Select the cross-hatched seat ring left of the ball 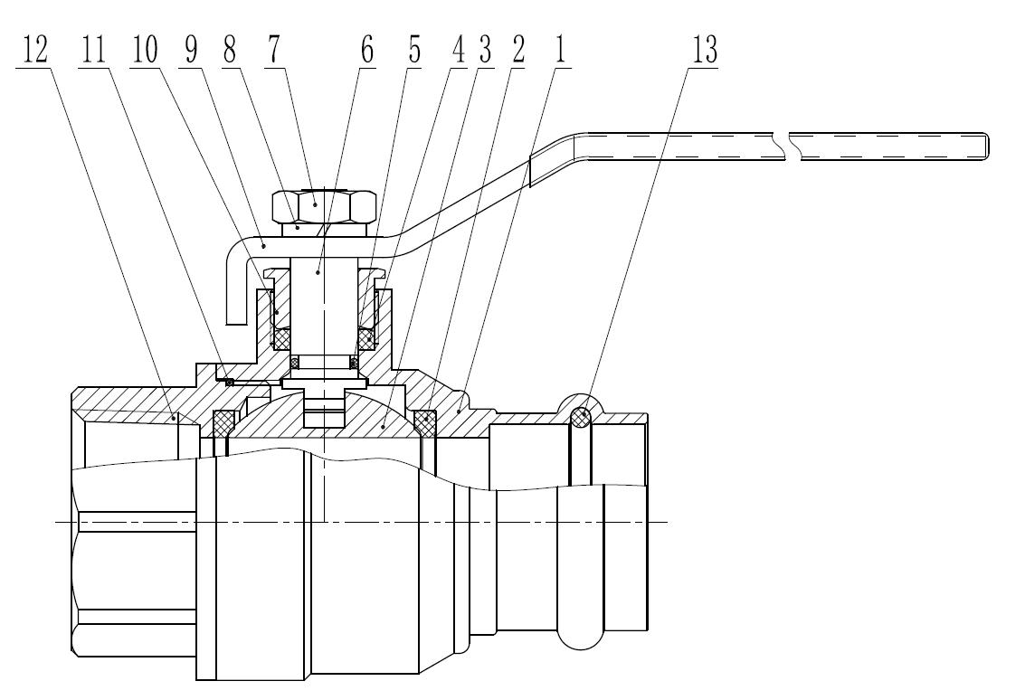pyautogui.click(x=223, y=421)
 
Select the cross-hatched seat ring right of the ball pyautogui.click(x=425, y=421)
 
